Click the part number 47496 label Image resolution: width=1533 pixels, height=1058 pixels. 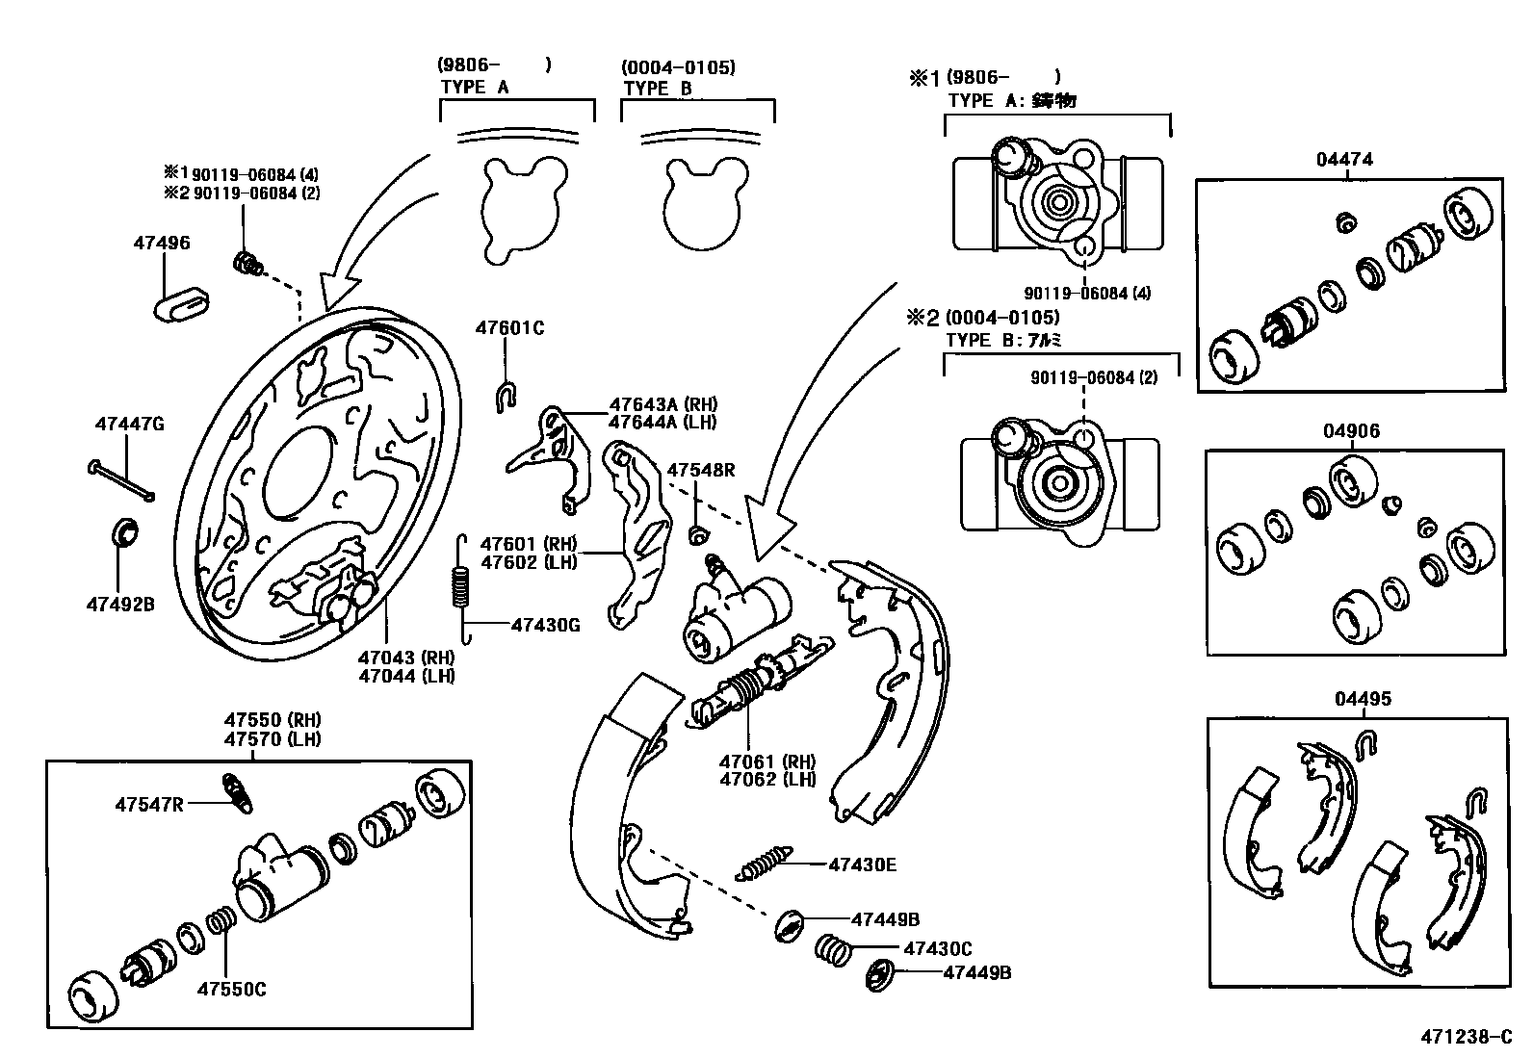[x=162, y=244]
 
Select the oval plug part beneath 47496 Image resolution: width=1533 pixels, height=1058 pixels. [x=182, y=306]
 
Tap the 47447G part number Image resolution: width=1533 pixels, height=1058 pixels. [x=129, y=424]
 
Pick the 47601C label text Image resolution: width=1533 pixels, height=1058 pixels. [x=509, y=328]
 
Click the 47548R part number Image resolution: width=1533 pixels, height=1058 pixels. [x=701, y=470]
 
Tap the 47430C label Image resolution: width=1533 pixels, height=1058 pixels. [x=937, y=948]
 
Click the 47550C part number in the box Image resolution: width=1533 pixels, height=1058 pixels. [x=231, y=989]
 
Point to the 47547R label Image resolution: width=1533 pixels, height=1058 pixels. [x=149, y=804]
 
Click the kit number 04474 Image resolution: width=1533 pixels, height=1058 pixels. [x=1344, y=160]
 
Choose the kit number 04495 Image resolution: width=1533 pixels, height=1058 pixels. [x=1363, y=699]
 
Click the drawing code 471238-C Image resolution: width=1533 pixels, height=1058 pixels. [x=1466, y=1037]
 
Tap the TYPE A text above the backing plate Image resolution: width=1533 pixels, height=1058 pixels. [x=475, y=87]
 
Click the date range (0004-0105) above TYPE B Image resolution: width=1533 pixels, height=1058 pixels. [x=678, y=67]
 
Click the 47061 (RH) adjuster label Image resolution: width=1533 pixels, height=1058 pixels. [x=766, y=761]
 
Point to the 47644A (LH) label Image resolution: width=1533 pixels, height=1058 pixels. [x=663, y=422]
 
